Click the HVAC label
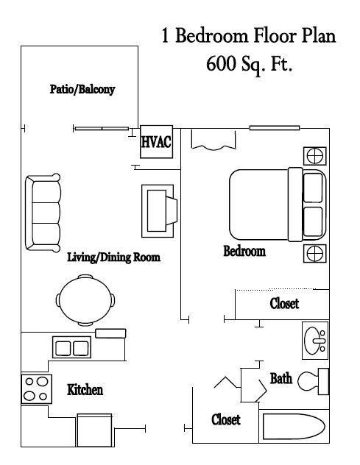(x=156, y=141)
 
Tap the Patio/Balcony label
(x=82, y=89)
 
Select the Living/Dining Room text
(x=113, y=258)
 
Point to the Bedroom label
(x=244, y=252)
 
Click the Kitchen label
(x=85, y=389)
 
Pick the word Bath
(x=281, y=379)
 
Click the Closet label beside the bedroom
(x=284, y=303)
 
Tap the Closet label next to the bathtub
(x=226, y=419)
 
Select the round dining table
(x=85, y=299)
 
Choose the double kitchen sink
(x=71, y=347)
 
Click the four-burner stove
(x=34, y=388)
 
